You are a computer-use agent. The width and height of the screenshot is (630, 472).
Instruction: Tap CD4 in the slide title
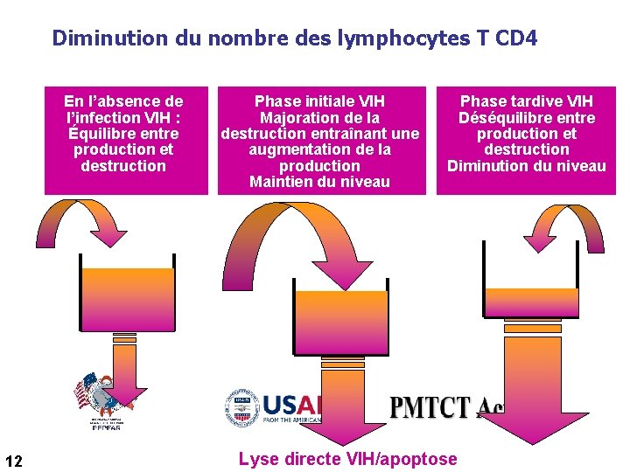click(x=516, y=38)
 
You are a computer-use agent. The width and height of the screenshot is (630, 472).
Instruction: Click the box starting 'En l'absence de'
click(x=126, y=140)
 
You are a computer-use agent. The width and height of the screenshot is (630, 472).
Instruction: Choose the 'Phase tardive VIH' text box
click(x=527, y=140)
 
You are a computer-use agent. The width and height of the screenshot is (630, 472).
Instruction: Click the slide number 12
click(x=14, y=461)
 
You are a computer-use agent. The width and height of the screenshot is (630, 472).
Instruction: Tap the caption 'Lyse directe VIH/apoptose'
click(x=347, y=459)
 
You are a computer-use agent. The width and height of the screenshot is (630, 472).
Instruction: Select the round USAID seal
click(x=241, y=408)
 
